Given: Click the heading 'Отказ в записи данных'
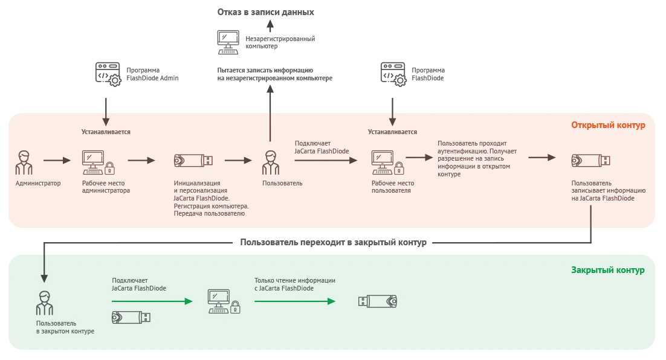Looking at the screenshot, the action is tap(265, 12).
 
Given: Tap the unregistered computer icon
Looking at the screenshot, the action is tap(228, 42).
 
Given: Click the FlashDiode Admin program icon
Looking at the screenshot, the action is tap(108, 74).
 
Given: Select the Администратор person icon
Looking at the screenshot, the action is tap(24, 162).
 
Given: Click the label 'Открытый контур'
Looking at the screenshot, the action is tap(608, 125).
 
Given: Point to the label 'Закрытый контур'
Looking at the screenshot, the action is tap(608, 270).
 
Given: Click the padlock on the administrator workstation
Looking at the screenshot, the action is tap(109, 169).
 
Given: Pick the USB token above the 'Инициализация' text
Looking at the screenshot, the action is tap(193, 161).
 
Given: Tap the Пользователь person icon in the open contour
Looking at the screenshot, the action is tap(271, 162).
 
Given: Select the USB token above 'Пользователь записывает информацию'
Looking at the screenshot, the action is tap(591, 161).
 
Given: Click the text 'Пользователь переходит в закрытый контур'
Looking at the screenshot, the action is tap(334, 242).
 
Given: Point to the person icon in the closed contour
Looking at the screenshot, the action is tap(45, 303).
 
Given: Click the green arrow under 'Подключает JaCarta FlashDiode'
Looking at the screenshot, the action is tap(152, 301).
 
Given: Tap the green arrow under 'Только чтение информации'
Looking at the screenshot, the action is tap(295, 301).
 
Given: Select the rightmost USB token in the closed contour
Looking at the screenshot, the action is tap(378, 301).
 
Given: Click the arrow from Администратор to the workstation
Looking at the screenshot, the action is tap(57, 161).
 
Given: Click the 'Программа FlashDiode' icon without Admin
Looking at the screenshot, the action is tap(393, 74).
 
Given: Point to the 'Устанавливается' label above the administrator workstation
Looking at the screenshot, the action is tap(106, 132).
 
